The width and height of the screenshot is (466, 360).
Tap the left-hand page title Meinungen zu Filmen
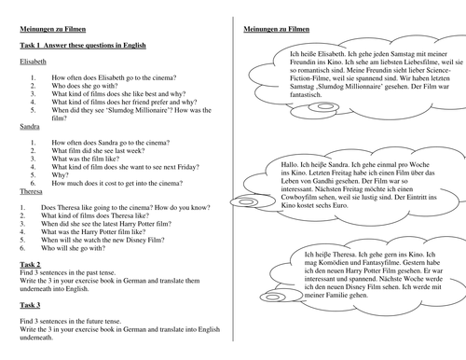click(x=52, y=29)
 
